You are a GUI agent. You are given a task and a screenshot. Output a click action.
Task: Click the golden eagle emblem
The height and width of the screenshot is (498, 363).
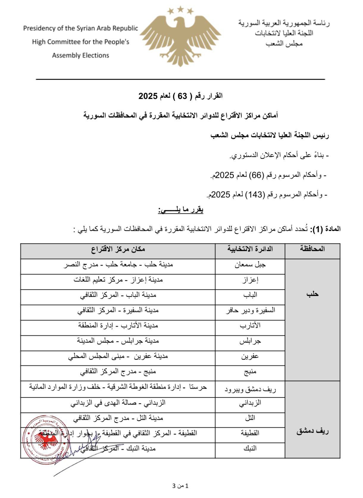click(181, 39)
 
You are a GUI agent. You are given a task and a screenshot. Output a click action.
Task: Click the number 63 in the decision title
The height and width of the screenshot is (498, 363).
click(183, 96)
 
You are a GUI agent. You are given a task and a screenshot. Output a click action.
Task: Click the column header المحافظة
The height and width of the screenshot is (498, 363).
click(312, 249)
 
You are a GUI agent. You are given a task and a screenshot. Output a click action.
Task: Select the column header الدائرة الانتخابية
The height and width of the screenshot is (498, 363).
click(250, 249)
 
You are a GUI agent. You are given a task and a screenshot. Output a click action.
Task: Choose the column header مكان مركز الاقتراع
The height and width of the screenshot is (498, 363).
click(118, 249)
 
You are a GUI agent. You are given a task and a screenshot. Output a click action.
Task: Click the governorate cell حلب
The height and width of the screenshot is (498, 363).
click(312, 294)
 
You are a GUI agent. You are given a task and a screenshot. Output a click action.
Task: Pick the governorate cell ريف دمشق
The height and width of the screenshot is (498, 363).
click(312, 431)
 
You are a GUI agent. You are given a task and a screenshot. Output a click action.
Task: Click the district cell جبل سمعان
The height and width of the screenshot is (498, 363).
click(250, 265)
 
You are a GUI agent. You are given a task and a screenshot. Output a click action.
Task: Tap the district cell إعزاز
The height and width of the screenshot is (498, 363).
click(250, 280)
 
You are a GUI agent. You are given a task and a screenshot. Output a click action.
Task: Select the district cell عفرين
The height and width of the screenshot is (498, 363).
click(250, 356)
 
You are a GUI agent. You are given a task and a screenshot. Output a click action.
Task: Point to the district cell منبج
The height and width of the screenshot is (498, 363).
click(250, 371)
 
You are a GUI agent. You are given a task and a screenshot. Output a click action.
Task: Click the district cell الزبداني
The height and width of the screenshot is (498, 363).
click(250, 403)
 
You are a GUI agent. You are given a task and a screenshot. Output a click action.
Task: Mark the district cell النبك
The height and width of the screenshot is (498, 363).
click(250, 448)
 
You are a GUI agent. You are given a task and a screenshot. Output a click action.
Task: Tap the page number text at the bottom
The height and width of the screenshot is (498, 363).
click(180, 486)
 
